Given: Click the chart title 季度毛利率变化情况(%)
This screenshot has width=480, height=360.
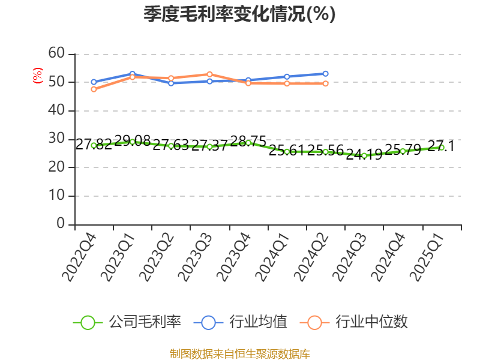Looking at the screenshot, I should [239, 14].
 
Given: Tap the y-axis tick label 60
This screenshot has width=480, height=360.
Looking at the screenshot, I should [56, 53].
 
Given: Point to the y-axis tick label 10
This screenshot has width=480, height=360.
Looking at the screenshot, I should [56, 196].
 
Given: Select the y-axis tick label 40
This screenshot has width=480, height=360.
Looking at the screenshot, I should [56, 110].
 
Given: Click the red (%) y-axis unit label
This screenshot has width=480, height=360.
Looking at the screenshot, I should [38, 76].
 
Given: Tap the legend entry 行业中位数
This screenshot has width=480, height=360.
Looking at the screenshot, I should [358, 322].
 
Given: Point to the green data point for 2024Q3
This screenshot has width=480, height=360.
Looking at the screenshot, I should [364, 155].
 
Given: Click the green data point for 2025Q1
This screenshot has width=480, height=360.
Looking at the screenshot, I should [442, 148].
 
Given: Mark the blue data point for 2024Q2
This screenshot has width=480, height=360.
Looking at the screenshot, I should [326, 74].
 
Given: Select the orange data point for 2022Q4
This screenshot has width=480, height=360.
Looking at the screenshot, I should [94, 89].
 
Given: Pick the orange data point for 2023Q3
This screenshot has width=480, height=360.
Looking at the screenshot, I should [209, 74].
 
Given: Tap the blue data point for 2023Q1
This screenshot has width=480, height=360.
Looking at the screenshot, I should [132, 74].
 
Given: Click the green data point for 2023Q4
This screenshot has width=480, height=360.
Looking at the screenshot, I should [248, 143].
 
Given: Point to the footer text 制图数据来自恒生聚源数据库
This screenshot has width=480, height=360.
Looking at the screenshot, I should [239, 353].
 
